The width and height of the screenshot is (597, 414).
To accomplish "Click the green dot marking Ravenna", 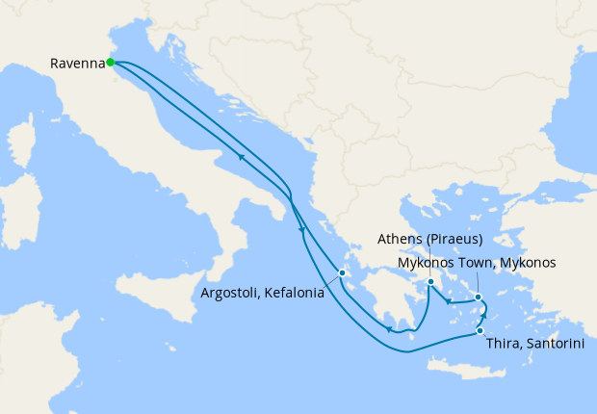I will [110, 63].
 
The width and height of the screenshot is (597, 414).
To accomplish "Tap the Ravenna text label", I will [77, 64].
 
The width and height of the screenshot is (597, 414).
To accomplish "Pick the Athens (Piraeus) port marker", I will [430, 282].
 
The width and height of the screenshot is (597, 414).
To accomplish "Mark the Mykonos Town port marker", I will [478, 298].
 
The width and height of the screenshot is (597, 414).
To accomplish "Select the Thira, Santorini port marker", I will [480, 331].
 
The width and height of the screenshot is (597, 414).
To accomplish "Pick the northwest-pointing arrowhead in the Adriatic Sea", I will [237, 155].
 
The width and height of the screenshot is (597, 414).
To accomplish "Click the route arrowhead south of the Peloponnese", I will [388, 329].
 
